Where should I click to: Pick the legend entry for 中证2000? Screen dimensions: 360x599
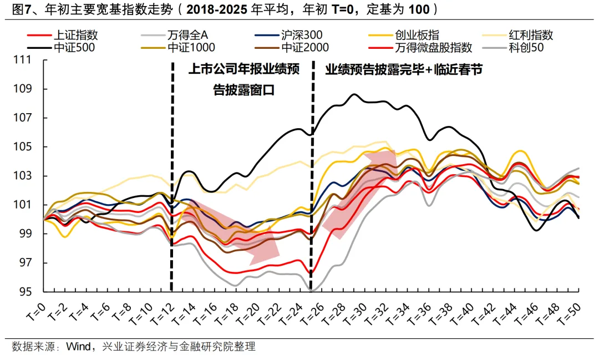304,48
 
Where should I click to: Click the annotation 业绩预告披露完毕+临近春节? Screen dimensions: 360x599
404,70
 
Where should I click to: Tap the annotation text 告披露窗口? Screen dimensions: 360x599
244,89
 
